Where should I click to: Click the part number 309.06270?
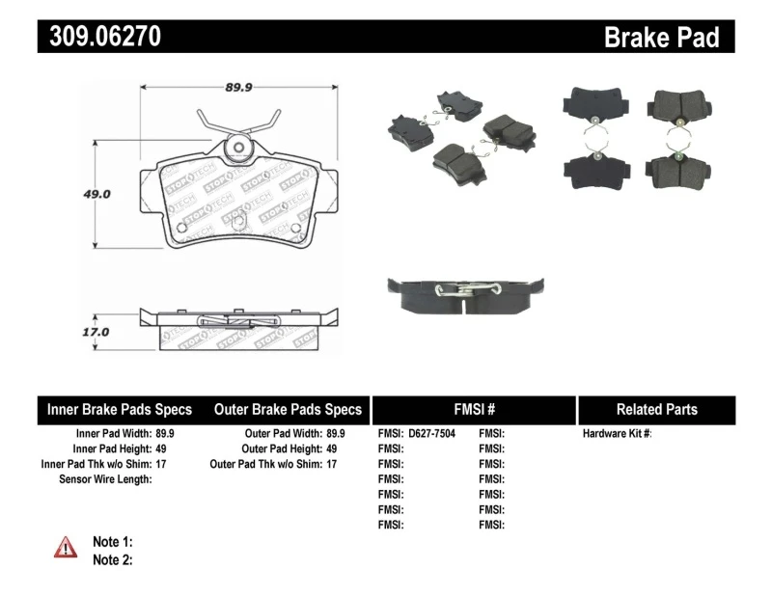[99, 37]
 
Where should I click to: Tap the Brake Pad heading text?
[661, 38]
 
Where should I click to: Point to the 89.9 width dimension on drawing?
[238, 87]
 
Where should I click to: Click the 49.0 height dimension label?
[95, 193]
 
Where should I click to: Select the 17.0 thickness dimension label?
[95, 331]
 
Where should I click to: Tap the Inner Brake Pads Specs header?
[120, 410]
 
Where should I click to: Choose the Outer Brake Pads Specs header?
[288, 410]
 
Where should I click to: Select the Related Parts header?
[656, 410]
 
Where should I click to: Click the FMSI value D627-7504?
[431, 434]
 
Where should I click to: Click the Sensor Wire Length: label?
[105, 478]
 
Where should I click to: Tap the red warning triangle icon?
[66, 547]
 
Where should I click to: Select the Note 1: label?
[112, 542]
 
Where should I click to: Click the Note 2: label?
[112, 559]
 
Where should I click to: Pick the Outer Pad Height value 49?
[332, 448]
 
